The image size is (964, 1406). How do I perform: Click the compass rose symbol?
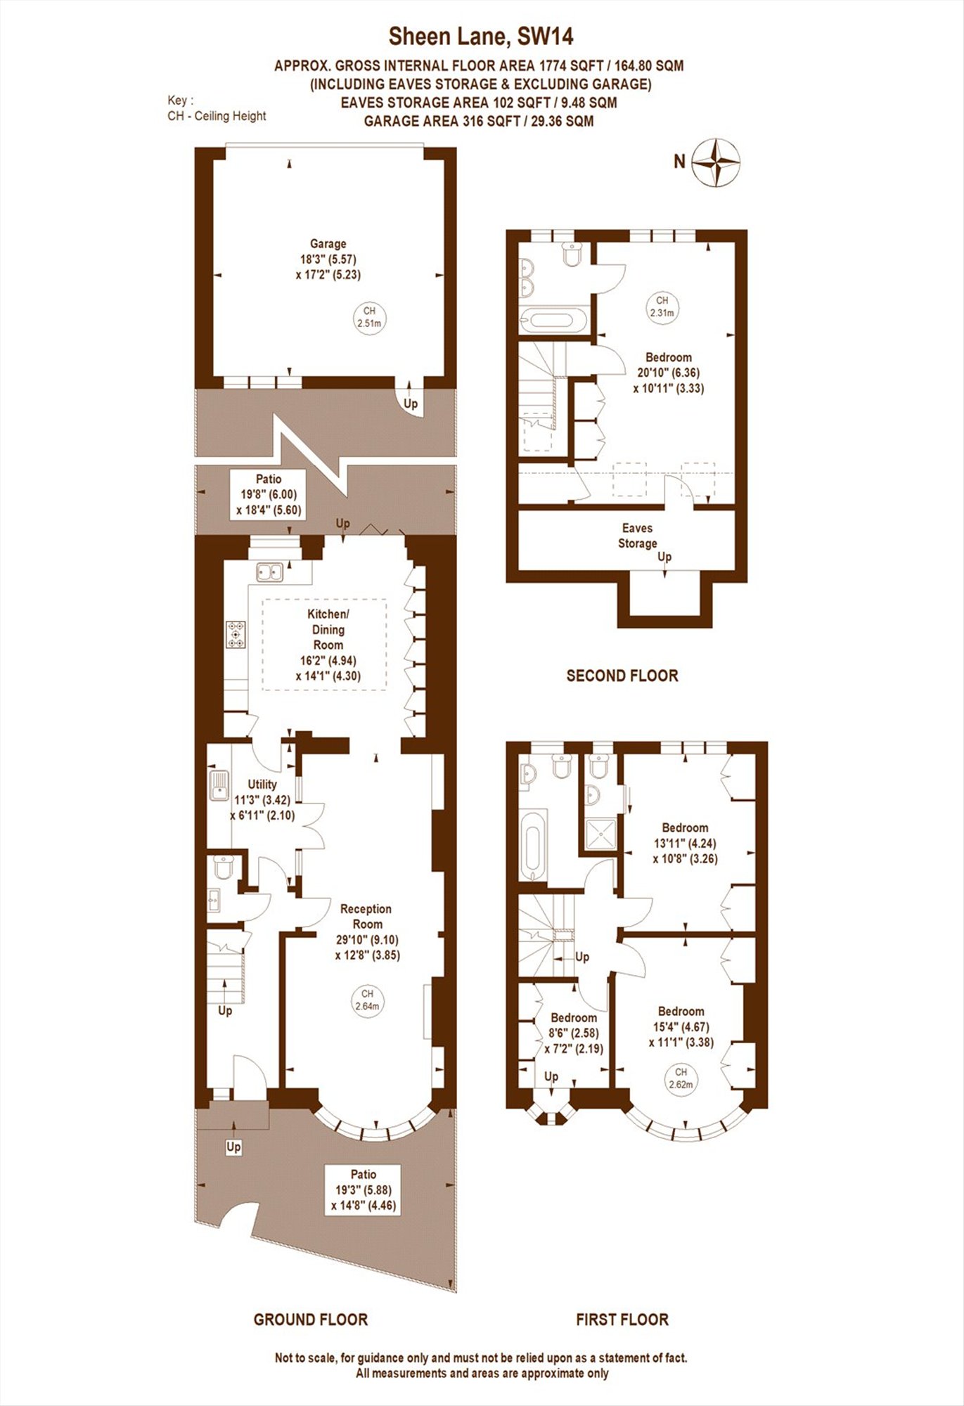point(716,162)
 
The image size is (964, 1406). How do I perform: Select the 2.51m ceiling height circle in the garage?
point(369,318)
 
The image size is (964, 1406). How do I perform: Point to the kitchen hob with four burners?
point(236,634)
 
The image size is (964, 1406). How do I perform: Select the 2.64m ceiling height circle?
point(367,1000)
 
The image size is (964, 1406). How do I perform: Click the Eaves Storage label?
point(638,536)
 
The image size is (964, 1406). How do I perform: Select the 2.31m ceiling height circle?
point(662,307)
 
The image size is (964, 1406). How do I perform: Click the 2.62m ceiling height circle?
point(681,1078)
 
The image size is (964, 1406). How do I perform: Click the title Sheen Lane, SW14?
point(482,36)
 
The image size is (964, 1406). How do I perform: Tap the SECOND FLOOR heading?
point(622,676)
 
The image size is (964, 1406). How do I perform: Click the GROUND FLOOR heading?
point(311,1320)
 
